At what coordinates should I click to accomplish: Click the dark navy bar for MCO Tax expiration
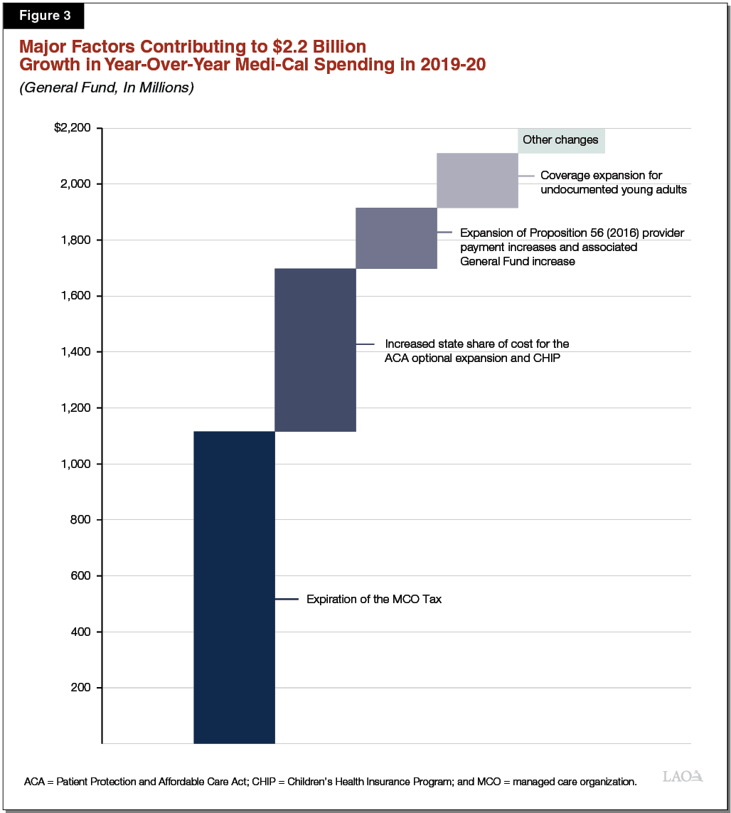[234, 587]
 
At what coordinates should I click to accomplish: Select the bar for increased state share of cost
[315, 349]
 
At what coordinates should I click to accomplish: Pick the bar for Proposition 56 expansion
[396, 238]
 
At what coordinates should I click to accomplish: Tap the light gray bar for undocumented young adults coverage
[477, 180]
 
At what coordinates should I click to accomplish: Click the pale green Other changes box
[560, 140]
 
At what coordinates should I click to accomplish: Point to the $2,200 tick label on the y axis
[73, 128]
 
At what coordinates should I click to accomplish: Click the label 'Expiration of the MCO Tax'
[374, 600]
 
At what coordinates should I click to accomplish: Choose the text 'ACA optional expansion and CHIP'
[472, 358]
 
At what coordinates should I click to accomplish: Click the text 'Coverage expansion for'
[601, 176]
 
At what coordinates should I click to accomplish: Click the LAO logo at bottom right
[683, 776]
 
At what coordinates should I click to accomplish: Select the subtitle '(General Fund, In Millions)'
[107, 88]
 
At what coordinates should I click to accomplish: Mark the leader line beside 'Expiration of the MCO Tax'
[287, 600]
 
